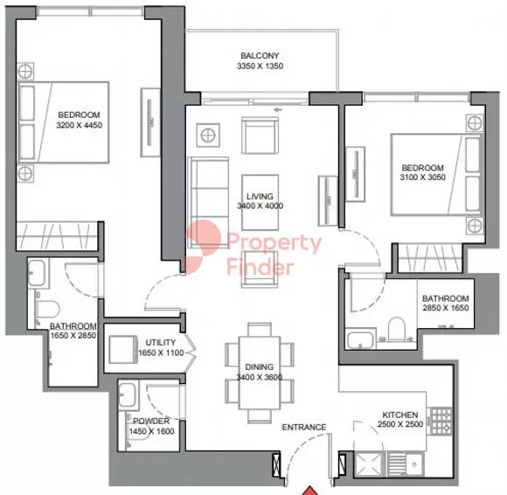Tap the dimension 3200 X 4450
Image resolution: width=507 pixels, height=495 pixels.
[x=80, y=126]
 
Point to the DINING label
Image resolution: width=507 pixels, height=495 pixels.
[x=260, y=366]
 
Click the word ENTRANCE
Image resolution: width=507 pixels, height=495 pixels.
[x=304, y=428]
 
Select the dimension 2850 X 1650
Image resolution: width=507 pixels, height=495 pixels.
[x=445, y=309]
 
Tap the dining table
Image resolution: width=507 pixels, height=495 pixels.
[x=260, y=372]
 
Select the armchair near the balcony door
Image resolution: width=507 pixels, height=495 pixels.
[x=259, y=136]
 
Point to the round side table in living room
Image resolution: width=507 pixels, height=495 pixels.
[x=208, y=135]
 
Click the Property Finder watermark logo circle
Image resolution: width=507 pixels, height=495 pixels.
[x=205, y=245]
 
